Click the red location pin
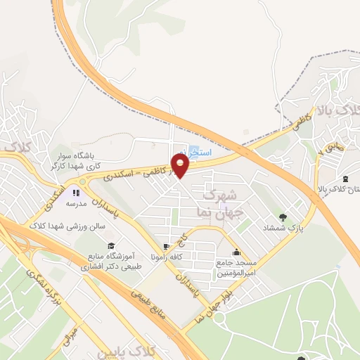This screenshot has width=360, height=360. [x=181, y=166]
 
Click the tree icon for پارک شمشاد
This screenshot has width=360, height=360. [x=283, y=217]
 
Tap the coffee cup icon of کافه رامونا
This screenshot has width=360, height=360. [x=166, y=246]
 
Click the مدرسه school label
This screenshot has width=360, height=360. [x=76, y=203]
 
